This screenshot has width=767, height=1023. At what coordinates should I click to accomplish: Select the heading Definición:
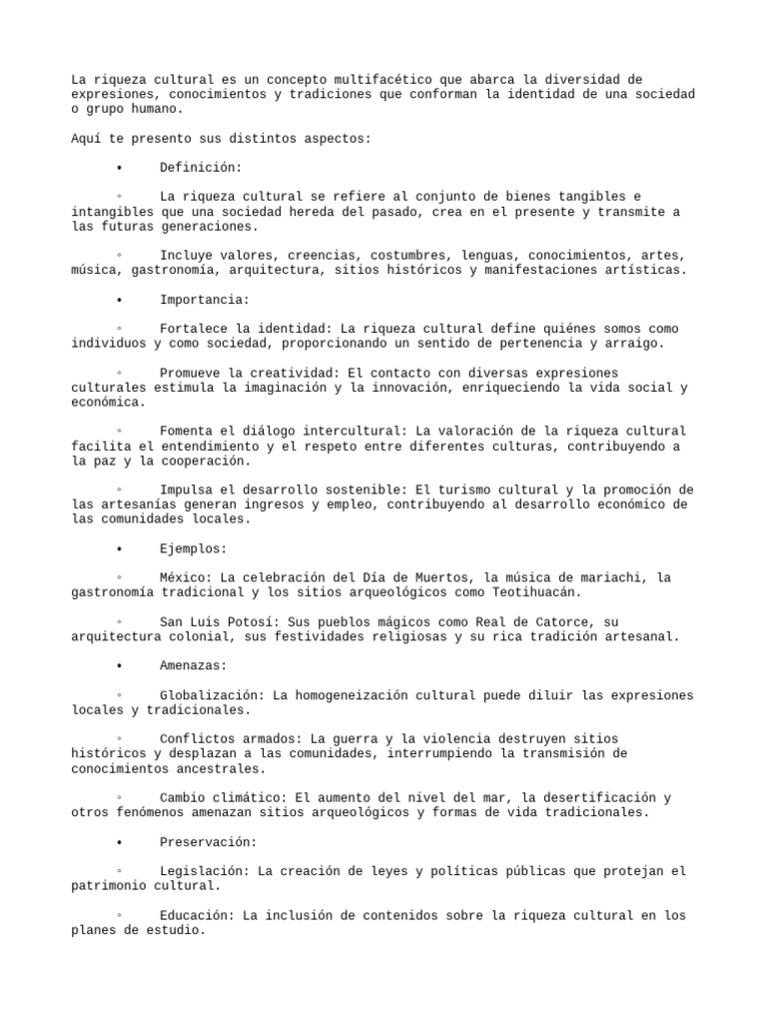tap(201, 167)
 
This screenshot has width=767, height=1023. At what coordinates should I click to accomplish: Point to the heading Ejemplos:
tap(193, 548)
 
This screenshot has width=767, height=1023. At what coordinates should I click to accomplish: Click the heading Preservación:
tap(208, 842)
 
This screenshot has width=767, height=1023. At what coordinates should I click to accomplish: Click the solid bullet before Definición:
tap(119, 167)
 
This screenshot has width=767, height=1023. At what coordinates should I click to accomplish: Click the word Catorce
tap(564, 621)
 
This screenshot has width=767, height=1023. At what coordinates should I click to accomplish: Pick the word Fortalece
tap(193, 328)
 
